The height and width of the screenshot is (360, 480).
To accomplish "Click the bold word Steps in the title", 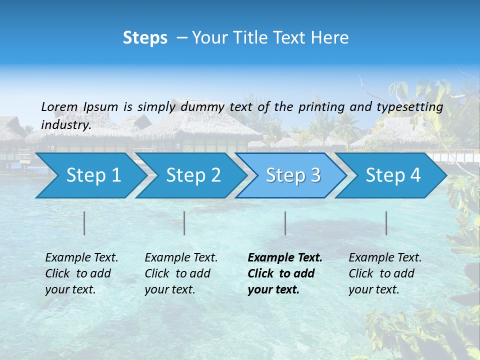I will (x=145, y=38).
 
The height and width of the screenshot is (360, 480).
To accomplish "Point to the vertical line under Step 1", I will (x=84, y=223).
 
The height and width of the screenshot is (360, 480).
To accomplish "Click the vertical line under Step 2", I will (x=184, y=223).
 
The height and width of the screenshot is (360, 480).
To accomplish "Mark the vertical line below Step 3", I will (x=285, y=223).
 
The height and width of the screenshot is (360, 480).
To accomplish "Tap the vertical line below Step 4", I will (x=386, y=223).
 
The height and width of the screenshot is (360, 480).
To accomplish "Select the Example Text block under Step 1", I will (x=81, y=273).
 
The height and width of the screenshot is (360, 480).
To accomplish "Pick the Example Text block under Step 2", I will (x=181, y=273).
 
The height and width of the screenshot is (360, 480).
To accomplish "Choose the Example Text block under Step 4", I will (x=385, y=273).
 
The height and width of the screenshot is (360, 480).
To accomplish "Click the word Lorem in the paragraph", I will (x=59, y=106).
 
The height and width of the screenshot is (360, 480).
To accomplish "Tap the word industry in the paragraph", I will (x=65, y=125).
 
